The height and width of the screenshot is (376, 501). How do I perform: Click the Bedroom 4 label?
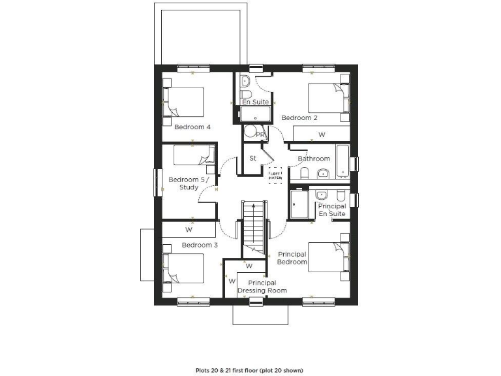[x=192, y=127]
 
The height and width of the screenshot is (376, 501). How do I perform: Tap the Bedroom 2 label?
[x=299, y=118]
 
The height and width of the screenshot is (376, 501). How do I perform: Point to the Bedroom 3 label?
[x=199, y=245]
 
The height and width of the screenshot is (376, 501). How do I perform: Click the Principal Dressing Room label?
[x=262, y=287]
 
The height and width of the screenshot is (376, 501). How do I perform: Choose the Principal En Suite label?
[x=332, y=210]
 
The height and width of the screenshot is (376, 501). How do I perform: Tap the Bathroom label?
[x=314, y=159]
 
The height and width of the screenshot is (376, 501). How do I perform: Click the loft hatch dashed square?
[x=276, y=175]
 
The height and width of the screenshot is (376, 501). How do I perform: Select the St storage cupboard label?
[x=252, y=158]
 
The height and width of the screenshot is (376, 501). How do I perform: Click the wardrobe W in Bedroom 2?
[x=321, y=134]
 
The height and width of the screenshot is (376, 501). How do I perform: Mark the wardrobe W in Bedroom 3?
[x=189, y=230]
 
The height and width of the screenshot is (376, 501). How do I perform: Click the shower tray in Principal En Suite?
[x=300, y=205]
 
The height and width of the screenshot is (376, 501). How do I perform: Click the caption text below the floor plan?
[x=250, y=369]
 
